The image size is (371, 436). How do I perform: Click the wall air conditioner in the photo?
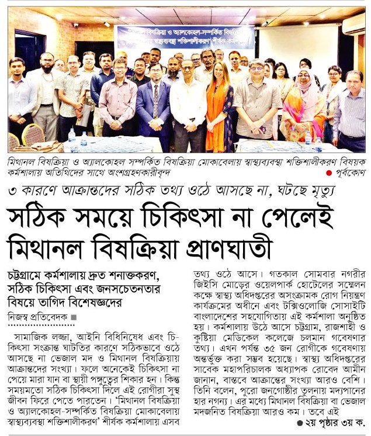tap(353, 25)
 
